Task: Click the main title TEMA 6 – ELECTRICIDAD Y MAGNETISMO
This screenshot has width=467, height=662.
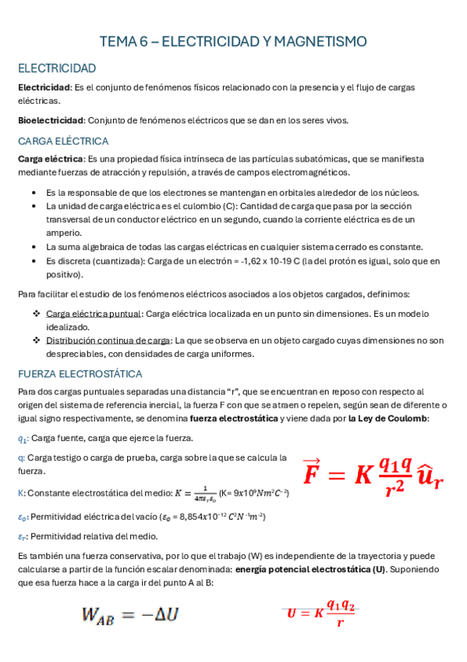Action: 234,41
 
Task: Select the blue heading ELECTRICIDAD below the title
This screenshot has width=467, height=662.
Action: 57,68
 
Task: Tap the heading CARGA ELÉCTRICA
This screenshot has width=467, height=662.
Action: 63,141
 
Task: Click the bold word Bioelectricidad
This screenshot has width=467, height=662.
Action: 51,120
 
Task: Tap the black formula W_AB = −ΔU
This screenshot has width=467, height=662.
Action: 130,614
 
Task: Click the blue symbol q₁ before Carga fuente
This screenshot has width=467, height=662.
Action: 23,440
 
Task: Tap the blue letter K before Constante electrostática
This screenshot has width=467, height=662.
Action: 20,493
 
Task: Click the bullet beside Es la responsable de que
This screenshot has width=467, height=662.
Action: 31,192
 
